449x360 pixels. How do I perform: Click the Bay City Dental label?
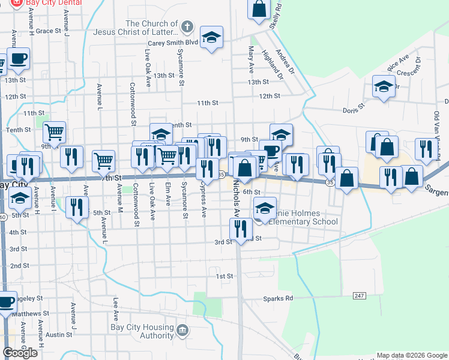tap(53, 3)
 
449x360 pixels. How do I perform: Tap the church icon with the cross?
tap(187, 27)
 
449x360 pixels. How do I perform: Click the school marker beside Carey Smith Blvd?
tap(211, 38)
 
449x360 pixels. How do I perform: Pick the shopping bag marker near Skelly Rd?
tap(259, 9)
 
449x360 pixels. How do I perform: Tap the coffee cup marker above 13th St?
tap(19, 59)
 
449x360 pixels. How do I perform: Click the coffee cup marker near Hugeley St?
tap(6, 302)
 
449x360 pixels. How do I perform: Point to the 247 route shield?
tap(359, 296)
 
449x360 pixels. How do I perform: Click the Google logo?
tap(20, 353)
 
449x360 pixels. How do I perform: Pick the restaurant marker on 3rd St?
tap(240, 229)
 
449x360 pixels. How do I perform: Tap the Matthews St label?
tap(30, 313)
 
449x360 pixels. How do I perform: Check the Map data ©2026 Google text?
tap(412, 355)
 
